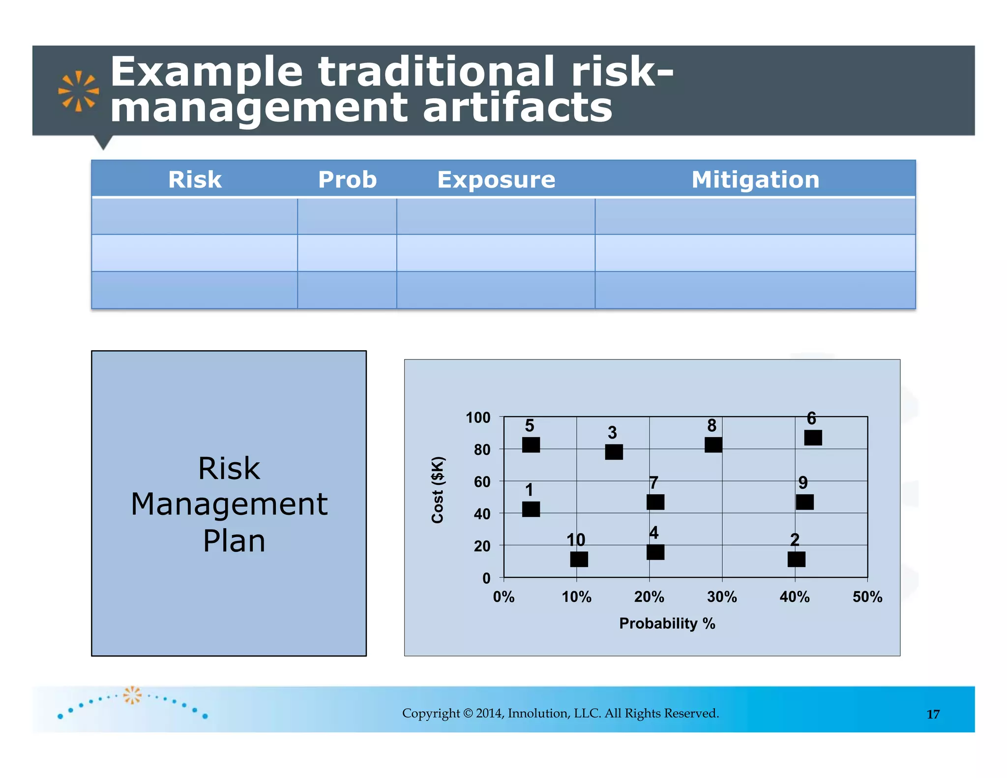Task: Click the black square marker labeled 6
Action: (x=813, y=437)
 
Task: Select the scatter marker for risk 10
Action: (x=579, y=559)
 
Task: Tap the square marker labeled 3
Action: (x=614, y=451)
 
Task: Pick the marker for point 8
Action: (x=713, y=445)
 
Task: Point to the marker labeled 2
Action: (x=796, y=559)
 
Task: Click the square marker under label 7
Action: (x=655, y=502)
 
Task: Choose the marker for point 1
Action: (x=531, y=509)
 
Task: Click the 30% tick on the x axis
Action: (x=722, y=597)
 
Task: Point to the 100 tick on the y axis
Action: (x=478, y=418)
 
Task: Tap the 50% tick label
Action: (x=867, y=597)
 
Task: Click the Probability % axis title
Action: (x=667, y=624)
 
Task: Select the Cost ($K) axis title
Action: (x=438, y=490)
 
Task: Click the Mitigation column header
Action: (x=755, y=180)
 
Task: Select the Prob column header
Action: (x=347, y=180)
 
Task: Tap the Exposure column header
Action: (x=496, y=180)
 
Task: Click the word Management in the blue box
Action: (x=229, y=504)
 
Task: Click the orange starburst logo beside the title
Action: (x=78, y=91)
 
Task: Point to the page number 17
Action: (x=933, y=714)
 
